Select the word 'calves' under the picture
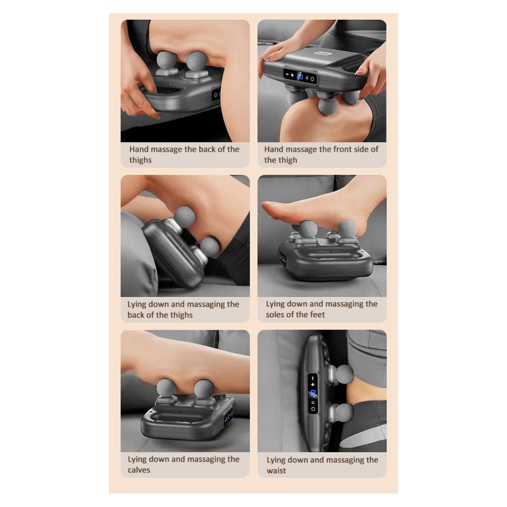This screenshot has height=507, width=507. [138, 470]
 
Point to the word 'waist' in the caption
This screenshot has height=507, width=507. [277, 470]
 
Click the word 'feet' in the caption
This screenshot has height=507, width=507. [317, 314]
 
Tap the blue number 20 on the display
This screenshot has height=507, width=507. [300, 77]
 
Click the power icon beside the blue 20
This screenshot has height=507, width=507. [312, 78]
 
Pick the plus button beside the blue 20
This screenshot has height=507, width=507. [292, 75]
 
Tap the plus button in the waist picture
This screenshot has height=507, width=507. [313, 384]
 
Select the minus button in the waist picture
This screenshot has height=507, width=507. [313, 377]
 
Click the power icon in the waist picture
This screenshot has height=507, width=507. [313, 409]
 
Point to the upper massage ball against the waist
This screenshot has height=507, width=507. [345, 374]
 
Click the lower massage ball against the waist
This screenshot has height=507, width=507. [344, 412]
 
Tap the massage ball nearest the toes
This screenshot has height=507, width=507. [307, 229]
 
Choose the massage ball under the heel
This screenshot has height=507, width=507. [347, 230]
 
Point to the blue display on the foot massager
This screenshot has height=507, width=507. [283, 259]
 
